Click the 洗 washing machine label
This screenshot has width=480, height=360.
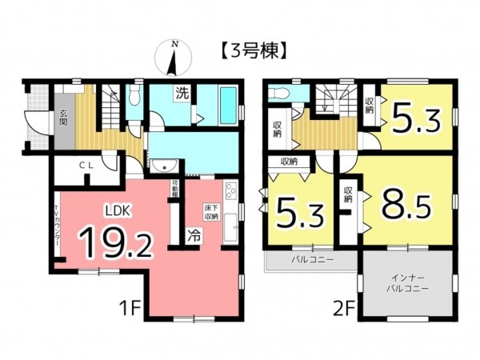(x=182, y=92)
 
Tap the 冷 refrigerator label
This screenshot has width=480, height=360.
(x=194, y=236)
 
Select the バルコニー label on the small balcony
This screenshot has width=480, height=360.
(x=311, y=261)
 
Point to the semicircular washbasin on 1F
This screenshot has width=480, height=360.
(x=166, y=167)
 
